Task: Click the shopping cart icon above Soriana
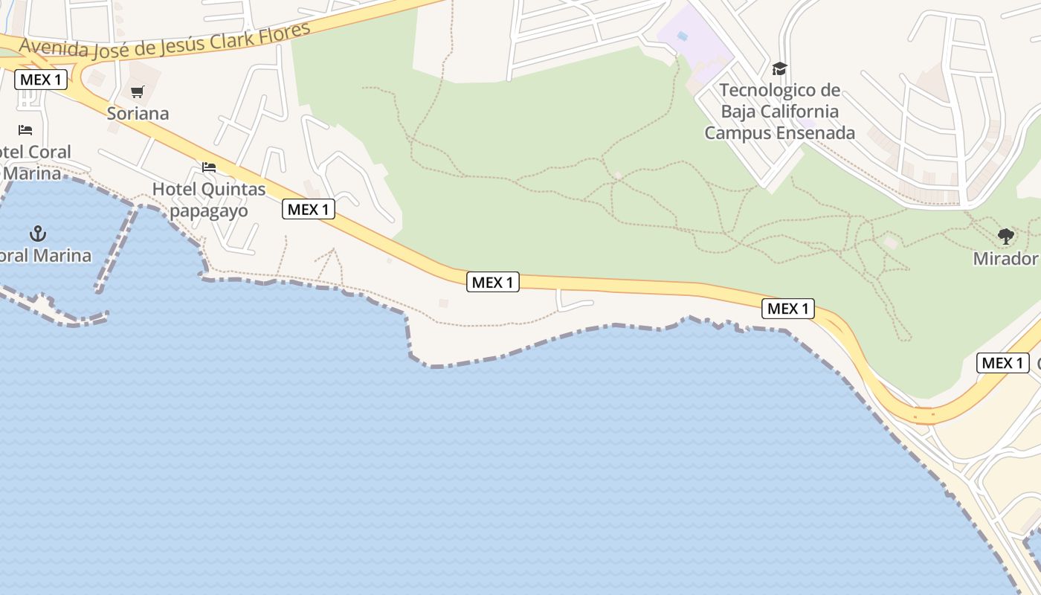pyautogui.click(x=137, y=92)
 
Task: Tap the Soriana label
pyautogui.click(x=138, y=114)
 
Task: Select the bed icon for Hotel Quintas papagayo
pyautogui.click(x=209, y=167)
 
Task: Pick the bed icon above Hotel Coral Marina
pyautogui.click(x=25, y=130)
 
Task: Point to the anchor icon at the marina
pyautogui.click(x=38, y=234)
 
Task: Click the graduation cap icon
pyautogui.click(x=779, y=69)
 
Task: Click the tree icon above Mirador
pyautogui.click(x=1006, y=237)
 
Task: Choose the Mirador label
pyautogui.click(x=1005, y=259)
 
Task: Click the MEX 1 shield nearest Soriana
pyautogui.click(x=41, y=80)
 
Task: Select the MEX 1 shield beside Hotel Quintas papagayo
pyautogui.click(x=309, y=210)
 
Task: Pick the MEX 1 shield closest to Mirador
pyautogui.click(x=1002, y=363)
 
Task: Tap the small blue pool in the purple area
pyautogui.click(x=682, y=36)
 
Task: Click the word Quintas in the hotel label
pyautogui.click(x=231, y=190)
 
